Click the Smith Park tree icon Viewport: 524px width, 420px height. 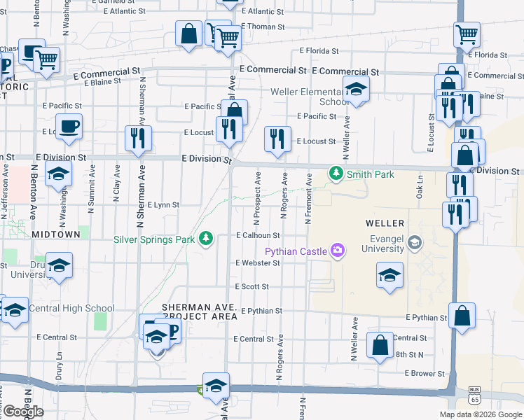336,174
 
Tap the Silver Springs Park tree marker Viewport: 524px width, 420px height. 206,239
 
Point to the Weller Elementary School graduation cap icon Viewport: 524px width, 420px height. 356,90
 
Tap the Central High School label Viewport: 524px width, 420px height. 72,308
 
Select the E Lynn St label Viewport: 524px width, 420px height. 163,205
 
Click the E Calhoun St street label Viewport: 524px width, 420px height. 258,236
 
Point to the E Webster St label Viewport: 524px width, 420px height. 258,263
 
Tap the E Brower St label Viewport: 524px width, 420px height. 420,374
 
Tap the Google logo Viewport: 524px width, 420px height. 23,412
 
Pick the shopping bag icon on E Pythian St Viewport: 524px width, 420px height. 462,316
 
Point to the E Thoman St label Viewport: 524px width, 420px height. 263,27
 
